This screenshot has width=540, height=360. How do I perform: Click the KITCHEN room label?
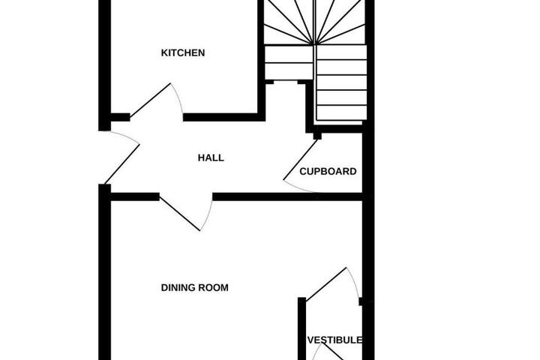point(183,52)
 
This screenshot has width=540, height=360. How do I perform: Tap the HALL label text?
point(211,157)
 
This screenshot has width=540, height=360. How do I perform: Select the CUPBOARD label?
point(328,171)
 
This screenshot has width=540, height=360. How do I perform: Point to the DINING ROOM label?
point(194,287)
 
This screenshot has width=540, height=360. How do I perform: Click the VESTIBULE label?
point(334,340)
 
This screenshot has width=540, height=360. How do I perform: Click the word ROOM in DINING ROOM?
point(214,287)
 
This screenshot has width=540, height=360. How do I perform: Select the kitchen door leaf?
point(150,100)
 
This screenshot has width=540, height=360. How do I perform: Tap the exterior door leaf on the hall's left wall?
point(122,164)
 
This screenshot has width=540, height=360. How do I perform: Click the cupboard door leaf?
point(300,160)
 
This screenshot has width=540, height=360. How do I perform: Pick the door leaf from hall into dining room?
point(180,214)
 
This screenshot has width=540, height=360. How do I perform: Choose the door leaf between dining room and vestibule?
point(326,284)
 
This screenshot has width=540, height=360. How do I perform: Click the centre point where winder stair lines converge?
point(314,44)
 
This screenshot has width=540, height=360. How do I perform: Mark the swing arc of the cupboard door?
point(297,188)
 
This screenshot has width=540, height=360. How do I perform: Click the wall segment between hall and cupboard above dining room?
point(287,197)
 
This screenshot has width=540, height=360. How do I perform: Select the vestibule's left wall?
point(301,328)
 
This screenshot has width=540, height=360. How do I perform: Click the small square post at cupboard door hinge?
point(317,136)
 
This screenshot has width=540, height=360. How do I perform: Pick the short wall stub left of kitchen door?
point(120,117)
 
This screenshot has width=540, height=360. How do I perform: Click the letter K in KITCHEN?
point(164,52)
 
